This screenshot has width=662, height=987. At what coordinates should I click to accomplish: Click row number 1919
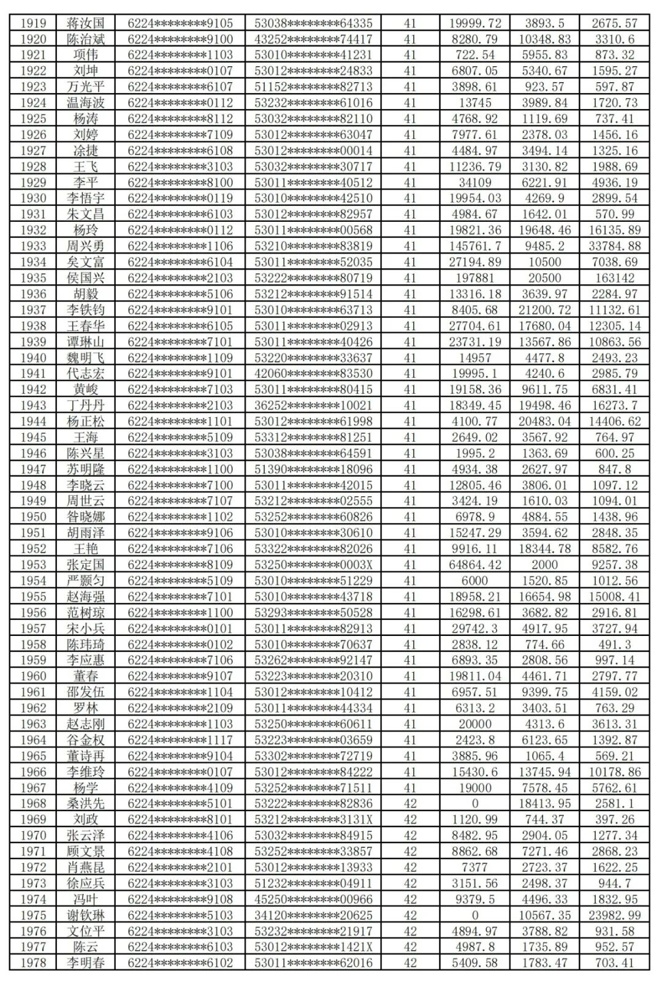pyautogui.click(x=33, y=23)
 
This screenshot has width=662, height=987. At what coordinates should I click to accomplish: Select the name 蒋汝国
pyautogui.click(x=86, y=23)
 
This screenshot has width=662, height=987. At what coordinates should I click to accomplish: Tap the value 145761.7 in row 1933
pyautogui.click(x=475, y=246)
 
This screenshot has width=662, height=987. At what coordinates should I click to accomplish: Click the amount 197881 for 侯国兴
pyautogui.click(x=475, y=278)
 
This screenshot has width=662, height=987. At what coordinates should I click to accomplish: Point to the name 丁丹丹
pyautogui.click(x=86, y=406)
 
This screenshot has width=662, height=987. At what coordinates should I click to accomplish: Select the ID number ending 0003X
pyautogui.click(x=313, y=565)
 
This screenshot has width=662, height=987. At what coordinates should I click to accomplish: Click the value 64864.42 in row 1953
pyautogui.click(x=475, y=565)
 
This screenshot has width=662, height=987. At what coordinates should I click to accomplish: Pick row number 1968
pyautogui.click(x=33, y=804)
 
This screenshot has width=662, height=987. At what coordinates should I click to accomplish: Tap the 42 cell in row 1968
pyautogui.click(x=410, y=804)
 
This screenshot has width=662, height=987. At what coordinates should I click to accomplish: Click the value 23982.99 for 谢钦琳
pyautogui.click(x=615, y=915)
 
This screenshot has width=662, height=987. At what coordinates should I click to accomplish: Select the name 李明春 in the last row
pyautogui.click(x=86, y=963)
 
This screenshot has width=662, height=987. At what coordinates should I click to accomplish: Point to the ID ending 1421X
pyautogui.click(x=313, y=947)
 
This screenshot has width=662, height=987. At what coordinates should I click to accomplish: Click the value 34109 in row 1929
pyautogui.click(x=475, y=183)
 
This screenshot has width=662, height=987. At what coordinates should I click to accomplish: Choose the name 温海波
pyautogui.click(x=86, y=103)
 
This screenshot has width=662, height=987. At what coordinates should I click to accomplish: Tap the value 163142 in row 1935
pyautogui.click(x=615, y=278)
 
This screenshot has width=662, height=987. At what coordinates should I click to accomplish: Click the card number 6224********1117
pyautogui.click(x=180, y=740)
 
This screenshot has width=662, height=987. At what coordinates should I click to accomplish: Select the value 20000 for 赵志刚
pyautogui.click(x=475, y=724)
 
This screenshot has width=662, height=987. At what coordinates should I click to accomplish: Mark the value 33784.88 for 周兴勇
pyautogui.click(x=615, y=246)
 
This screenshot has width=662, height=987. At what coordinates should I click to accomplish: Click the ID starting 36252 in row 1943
pyautogui.click(x=313, y=406)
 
